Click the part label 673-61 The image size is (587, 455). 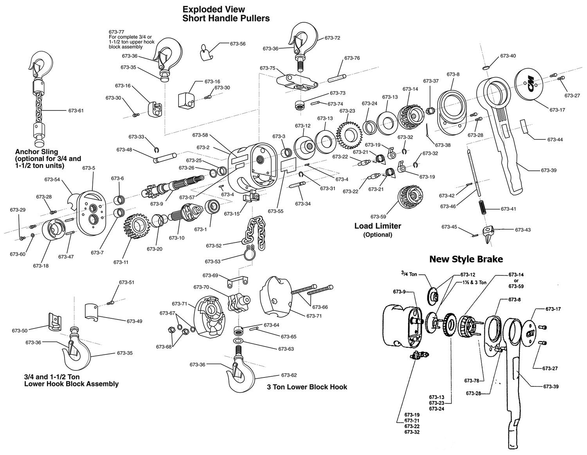tap(76, 111)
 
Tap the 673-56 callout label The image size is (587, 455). tap(238, 44)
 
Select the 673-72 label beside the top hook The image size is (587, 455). tap(332, 38)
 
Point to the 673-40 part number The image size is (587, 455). tap(508, 56)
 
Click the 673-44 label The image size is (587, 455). tap(555, 139)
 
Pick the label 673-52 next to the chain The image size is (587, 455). tap(214, 246)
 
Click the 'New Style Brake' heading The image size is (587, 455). tap(466, 259)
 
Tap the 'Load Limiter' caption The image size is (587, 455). tap(378, 226)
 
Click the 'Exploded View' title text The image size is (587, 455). tap(214, 9)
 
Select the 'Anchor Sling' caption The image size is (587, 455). tap(36, 152)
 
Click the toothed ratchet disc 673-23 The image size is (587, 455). tap(349, 134)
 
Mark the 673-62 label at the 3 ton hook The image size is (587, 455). tap(289, 375)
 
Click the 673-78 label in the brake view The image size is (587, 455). tap(472, 381)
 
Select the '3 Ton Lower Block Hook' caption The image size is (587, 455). tap(307, 387)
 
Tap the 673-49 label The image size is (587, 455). tap(134, 321)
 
